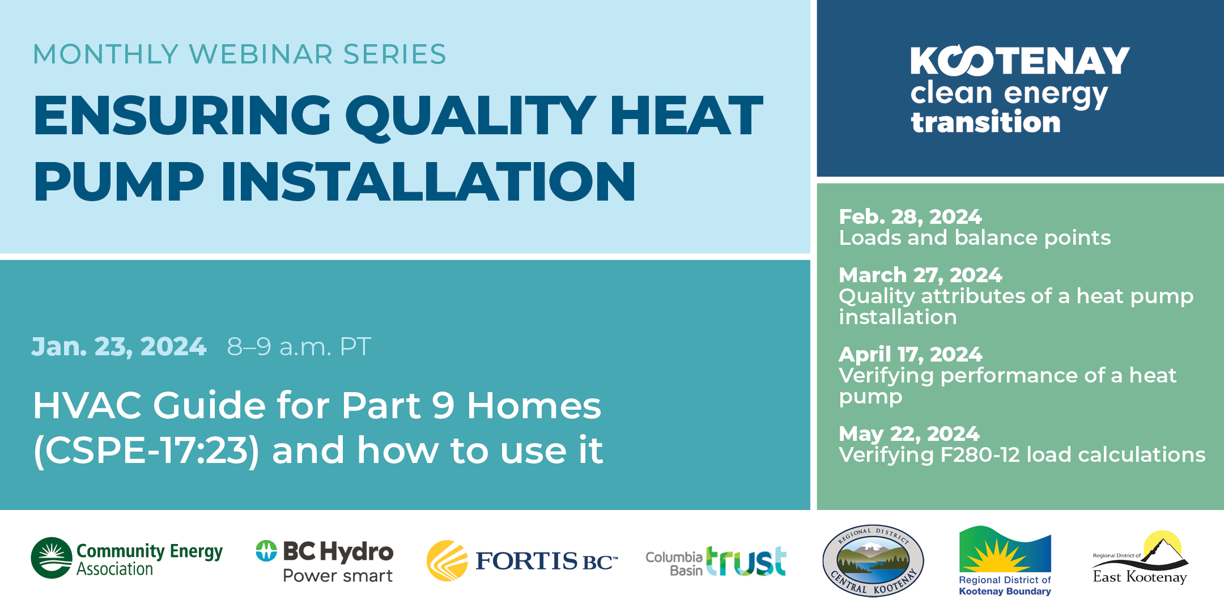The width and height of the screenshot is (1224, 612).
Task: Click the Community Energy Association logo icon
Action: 52,558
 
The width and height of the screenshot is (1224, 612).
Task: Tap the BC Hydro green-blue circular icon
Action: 266,550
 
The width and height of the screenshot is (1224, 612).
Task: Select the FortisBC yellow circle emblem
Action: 447,560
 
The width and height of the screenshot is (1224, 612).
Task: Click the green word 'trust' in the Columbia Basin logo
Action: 746,561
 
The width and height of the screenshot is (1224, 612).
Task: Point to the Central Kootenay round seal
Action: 873,560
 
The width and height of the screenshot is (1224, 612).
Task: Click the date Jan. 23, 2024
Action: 119,346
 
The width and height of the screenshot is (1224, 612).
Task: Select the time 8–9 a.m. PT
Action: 299,346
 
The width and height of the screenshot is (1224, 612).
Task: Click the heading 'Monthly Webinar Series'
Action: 240,54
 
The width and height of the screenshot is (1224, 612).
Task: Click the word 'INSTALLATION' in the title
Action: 428,181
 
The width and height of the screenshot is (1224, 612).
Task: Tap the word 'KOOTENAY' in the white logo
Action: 1020,60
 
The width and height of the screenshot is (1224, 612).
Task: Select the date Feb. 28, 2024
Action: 910,216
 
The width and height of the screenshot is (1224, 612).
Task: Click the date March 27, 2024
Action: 920,275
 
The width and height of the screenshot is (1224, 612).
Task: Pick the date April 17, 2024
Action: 911,354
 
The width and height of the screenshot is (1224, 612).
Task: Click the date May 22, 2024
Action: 909,433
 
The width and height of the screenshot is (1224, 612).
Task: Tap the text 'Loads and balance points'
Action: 975,238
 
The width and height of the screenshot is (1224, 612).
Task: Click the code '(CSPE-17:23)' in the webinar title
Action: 146,451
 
